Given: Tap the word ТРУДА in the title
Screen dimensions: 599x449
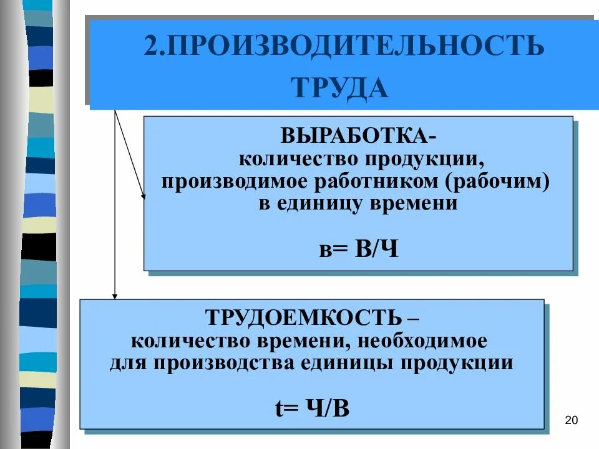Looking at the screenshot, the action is pyautogui.click(x=340, y=89).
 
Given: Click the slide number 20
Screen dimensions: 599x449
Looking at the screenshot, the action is pyautogui.click(x=570, y=420).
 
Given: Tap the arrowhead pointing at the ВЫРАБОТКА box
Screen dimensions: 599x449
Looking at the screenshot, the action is pyautogui.click(x=144, y=196).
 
